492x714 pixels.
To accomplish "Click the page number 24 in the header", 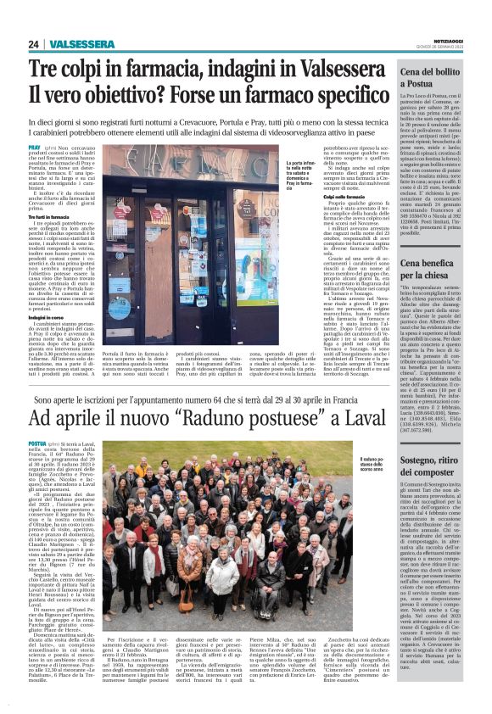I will pyautogui.click(x=33, y=43).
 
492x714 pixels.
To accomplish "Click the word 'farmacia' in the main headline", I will pyautogui.click(x=165, y=70).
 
